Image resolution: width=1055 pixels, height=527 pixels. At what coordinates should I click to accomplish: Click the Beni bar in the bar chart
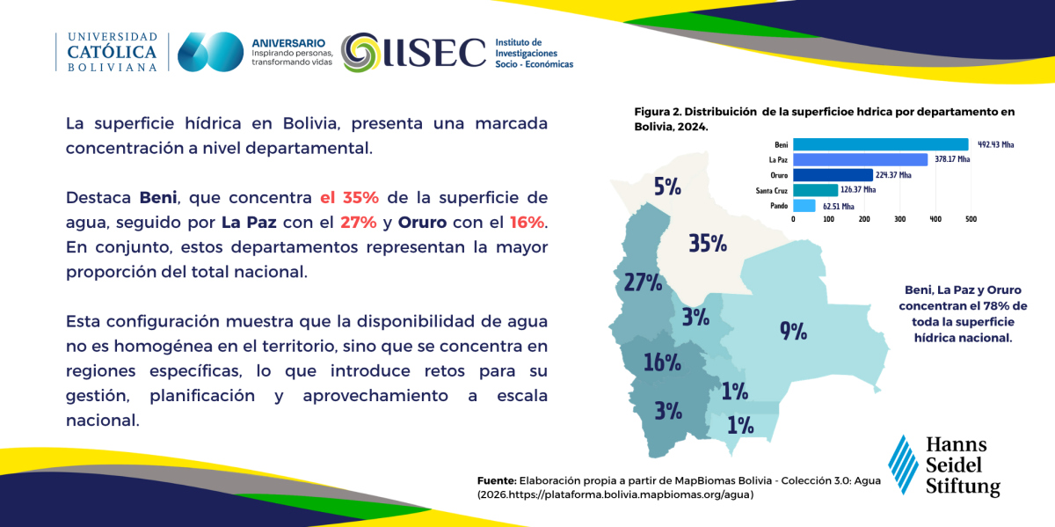[x=881, y=144]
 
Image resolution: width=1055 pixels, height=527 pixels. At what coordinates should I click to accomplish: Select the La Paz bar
[x=861, y=159]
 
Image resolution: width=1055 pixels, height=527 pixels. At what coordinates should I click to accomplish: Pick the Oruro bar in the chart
[x=833, y=175]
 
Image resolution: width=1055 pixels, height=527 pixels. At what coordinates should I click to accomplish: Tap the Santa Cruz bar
[x=815, y=190]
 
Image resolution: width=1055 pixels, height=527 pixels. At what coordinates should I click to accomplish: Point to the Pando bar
[x=804, y=206]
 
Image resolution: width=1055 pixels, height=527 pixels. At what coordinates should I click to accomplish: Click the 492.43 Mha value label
[x=995, y=144]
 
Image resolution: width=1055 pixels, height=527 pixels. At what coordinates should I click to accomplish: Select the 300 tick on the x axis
[x=899, y=219]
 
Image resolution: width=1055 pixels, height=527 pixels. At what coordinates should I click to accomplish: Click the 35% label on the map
[x=708, y=243]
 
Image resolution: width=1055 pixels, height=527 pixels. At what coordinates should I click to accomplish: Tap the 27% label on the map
[x=643, y=282]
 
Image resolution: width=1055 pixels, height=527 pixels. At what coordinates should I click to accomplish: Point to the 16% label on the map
[x=662, y=362]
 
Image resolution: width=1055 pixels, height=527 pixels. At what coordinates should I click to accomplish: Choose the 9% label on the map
[x=794, y=331]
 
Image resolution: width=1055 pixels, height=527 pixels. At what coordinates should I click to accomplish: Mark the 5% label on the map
[x=667, y=187]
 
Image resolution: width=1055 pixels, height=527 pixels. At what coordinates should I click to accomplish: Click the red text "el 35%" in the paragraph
[x=350, y=197]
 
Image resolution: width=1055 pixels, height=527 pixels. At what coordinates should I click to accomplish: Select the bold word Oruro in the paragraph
[x=422, y=222]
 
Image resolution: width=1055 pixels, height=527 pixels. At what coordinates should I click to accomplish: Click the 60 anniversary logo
[x=210, y=52]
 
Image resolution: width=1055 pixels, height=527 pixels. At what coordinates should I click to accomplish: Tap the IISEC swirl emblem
[x=360, y=52]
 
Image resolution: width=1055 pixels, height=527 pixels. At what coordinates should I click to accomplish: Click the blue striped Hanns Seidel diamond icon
[x=904, y=465]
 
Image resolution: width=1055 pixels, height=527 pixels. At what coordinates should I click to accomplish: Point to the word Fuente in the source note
[x=497, y=480]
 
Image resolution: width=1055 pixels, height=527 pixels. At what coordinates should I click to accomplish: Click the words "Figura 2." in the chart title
[x=658, y=113]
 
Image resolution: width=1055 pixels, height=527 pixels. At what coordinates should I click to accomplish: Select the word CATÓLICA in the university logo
[x=113, y=52]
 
